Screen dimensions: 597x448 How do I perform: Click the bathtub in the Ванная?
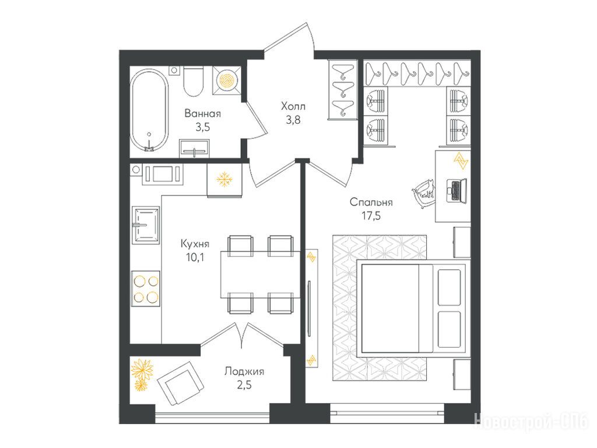pos(149,110)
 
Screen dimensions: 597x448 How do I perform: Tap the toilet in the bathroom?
pos(194,82)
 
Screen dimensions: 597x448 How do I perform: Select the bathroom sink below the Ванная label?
pos(194,148)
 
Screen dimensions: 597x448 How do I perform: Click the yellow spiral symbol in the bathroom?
pos(227,80)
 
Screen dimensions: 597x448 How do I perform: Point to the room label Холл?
pos(293,106)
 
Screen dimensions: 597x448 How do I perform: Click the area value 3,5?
pos(202,127)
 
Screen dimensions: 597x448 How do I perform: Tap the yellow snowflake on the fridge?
pos(224,179)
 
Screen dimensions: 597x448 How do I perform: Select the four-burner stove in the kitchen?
pos(145,289)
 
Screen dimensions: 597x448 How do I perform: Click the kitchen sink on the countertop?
pos(145,225)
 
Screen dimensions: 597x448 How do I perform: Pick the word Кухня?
pos(195,243)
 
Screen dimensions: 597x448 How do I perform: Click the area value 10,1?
pos(195,257)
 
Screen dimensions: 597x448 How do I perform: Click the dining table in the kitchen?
pos(260,274)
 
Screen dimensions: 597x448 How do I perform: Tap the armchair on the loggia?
pos(180,384)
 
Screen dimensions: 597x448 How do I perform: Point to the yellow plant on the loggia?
pos(142,375)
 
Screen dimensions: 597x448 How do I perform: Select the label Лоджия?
pos(244,372)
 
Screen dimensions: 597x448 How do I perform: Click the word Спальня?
pos(371,202)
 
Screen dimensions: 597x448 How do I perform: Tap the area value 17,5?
pos(371,216)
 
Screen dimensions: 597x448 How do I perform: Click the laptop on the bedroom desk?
pos(456,190)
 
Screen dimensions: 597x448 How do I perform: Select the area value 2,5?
pos(244,385)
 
